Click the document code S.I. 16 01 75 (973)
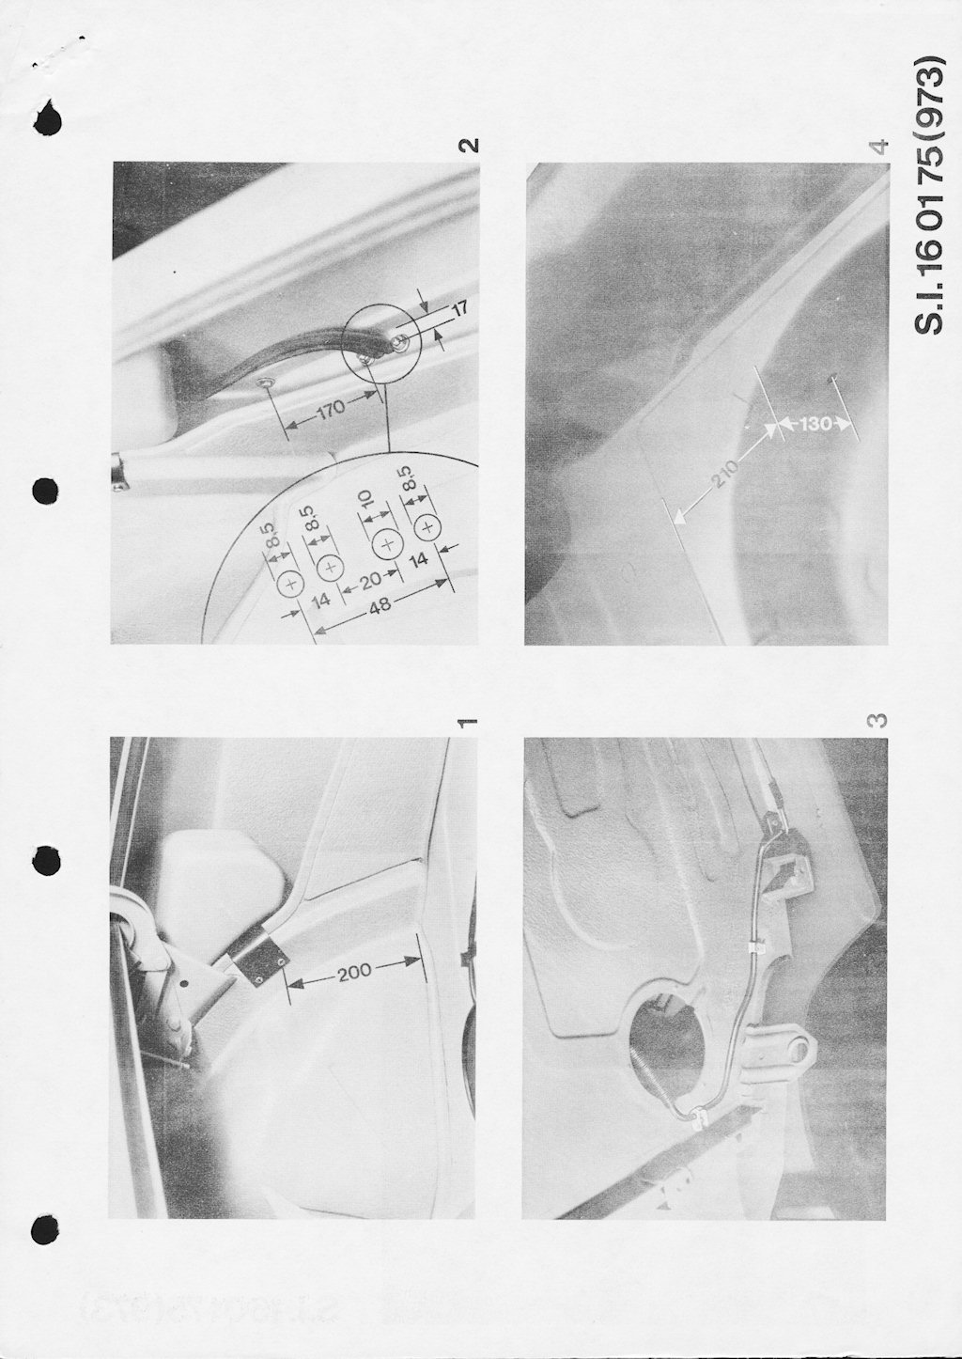[927, 195]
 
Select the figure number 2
[468, 146]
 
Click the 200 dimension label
[355, 970]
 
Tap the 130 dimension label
[815, 424]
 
